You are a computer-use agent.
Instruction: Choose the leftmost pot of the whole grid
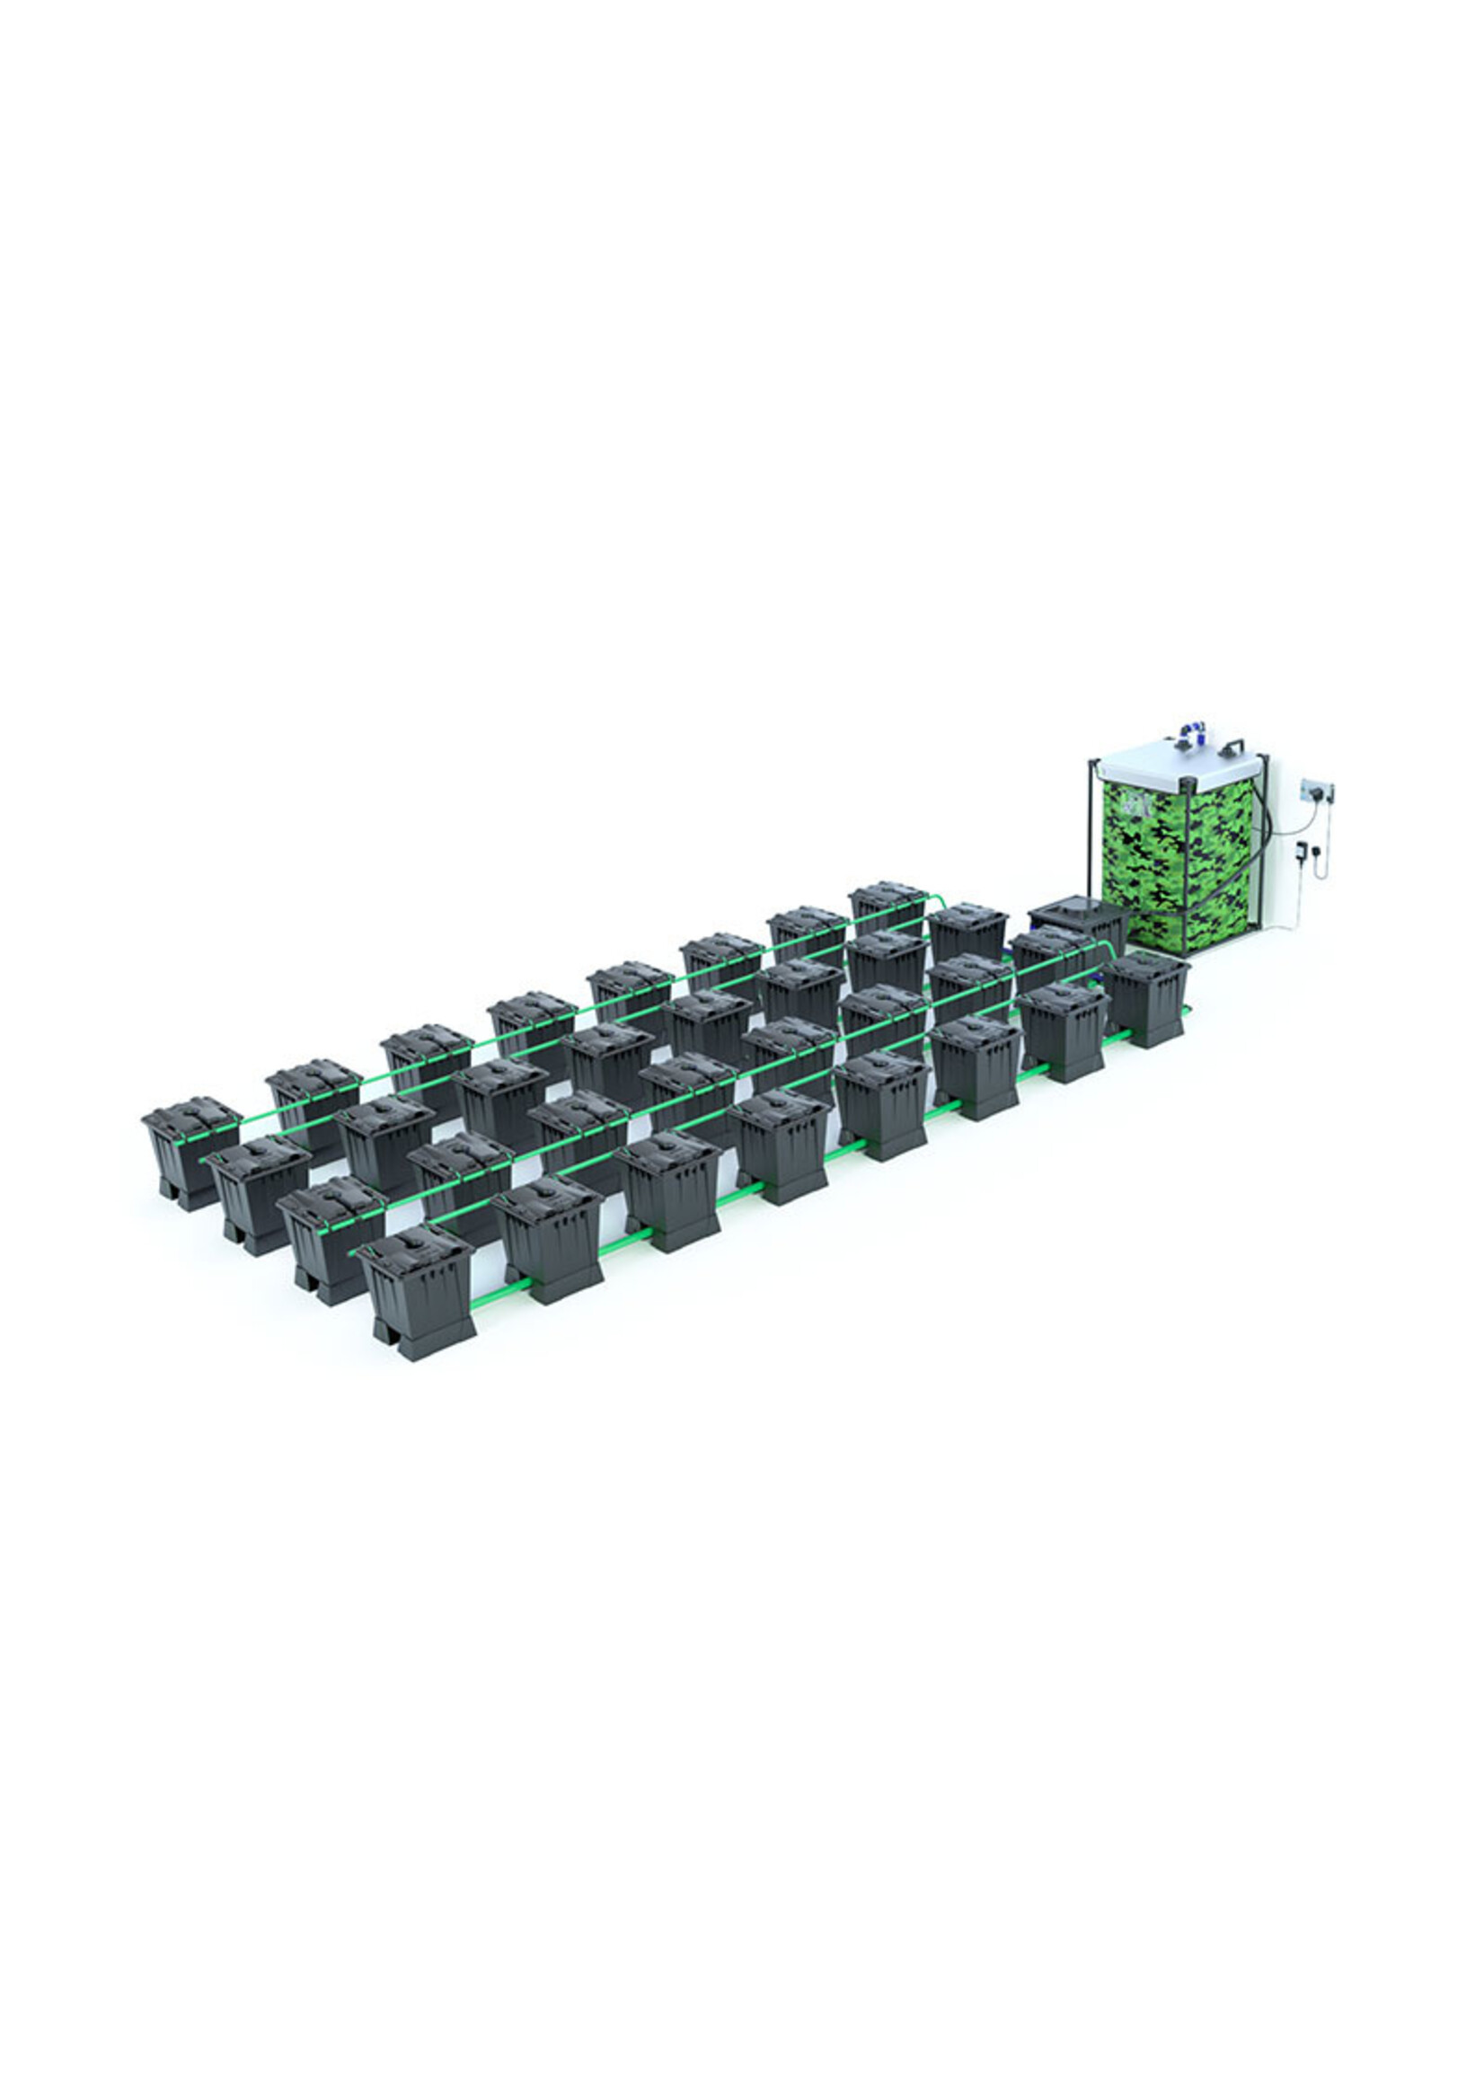tap(190, 1152)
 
